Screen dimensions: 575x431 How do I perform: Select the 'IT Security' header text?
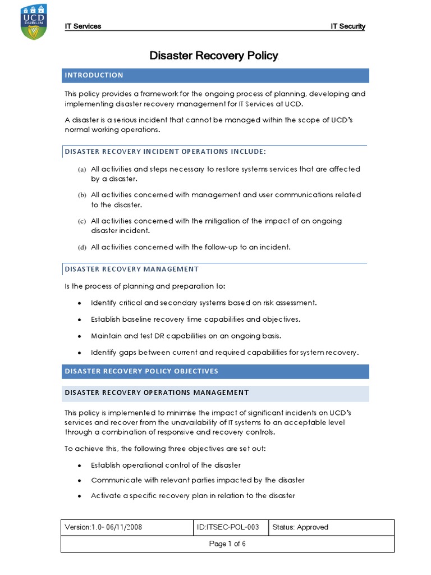tap(348, 26)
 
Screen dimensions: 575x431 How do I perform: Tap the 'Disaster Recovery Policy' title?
tap(213, 56)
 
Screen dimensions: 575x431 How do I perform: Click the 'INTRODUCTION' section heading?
tap(94, 75)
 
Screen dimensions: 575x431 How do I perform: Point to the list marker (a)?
tap(82, 170)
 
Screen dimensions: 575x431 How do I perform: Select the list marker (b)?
tap(82, 195)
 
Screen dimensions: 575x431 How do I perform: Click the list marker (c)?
tap(82, 221)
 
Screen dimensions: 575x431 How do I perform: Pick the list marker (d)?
tap(82, 247)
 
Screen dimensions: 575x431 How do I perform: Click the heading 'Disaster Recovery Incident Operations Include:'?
tap(166, 152)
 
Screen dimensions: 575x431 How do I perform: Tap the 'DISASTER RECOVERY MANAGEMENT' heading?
tap(132, 269)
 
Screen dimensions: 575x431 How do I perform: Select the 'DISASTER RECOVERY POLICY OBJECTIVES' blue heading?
tap(141, 371)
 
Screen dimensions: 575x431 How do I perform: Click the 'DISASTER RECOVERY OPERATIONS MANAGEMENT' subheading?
tap(157, 393)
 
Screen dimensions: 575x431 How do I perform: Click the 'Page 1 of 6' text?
tap(227, 544)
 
